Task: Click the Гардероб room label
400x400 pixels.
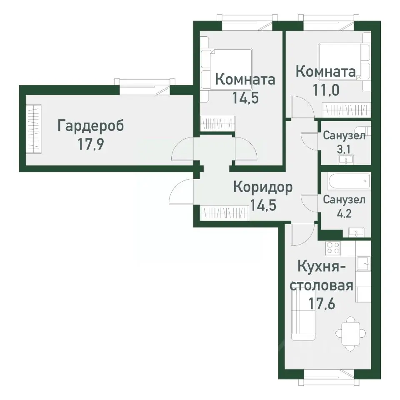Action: (x=91, y=125)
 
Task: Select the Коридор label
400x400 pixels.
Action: (x=262, y=187)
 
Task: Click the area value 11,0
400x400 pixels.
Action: (x=326, y=90)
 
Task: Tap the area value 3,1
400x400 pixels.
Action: (x=344, y=150)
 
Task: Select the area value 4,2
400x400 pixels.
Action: (x=344, y=214)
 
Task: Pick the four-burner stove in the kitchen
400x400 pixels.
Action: (x=332, y=248)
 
